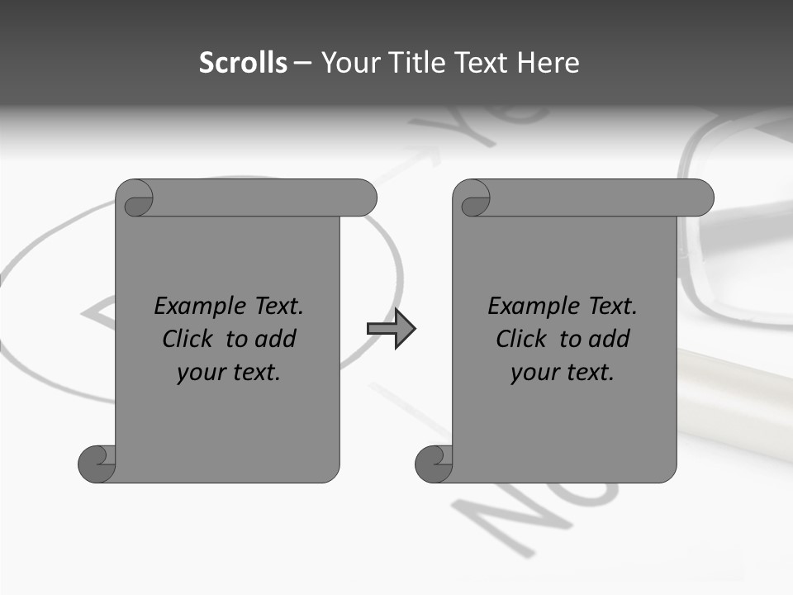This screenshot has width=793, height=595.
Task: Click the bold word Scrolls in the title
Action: [x=244, y=63]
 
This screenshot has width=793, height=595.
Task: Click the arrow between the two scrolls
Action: [x=392, y=329]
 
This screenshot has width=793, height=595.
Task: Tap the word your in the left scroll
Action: [x=199, y=374]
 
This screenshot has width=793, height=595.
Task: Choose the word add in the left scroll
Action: [x=277, y=340]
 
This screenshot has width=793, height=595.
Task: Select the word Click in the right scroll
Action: [x=521, y=340]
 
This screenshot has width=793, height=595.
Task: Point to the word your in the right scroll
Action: [x=533, y=374]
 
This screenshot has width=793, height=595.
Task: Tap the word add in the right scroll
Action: [x=610, y=340]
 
